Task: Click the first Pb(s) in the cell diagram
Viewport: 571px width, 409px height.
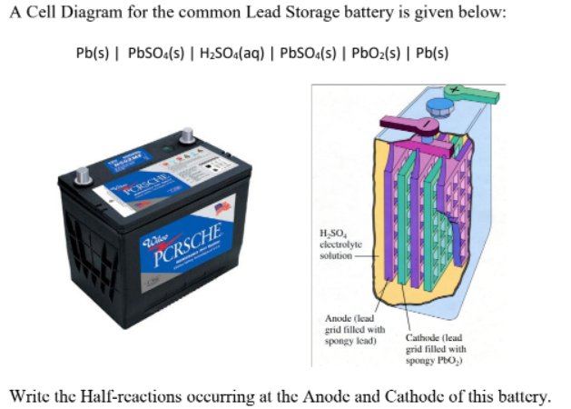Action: pyautogui.click(x=94, y=51)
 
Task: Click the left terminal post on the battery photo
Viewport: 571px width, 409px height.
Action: pyautogui.click(x=81, y=172)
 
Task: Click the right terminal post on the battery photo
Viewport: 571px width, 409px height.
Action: pyautogui.click(x=187, y=135)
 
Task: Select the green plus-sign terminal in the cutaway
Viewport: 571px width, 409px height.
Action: pyautogui.click(x=472, y=93)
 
